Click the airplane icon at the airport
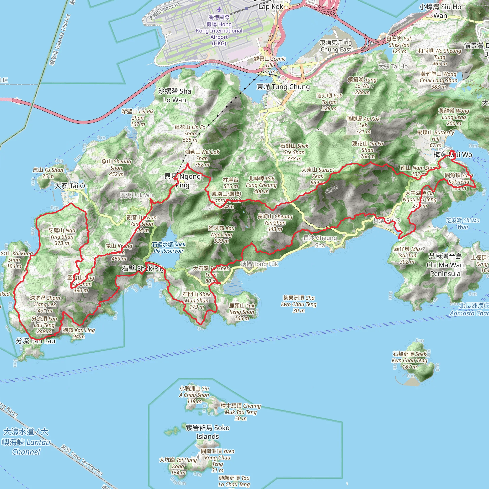219,10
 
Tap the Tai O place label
70,186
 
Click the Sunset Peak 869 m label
317,176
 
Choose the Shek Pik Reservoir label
169,248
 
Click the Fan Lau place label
35,341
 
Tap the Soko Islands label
207,432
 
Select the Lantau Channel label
26,442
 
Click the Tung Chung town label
283,87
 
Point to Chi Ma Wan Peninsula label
445,265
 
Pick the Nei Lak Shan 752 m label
202,158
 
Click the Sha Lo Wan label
174,96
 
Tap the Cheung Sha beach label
320,241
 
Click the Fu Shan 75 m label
48,173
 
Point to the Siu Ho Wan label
440,11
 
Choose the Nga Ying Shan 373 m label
62,237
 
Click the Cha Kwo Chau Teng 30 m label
299,304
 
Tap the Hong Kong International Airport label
219,30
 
